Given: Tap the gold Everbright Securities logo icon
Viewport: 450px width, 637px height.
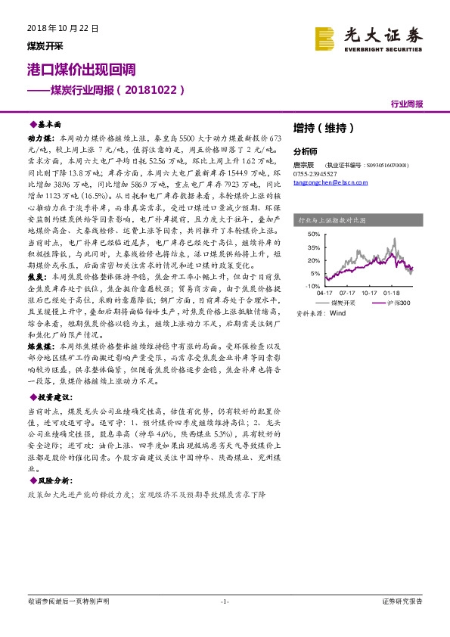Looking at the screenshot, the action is (325, 38).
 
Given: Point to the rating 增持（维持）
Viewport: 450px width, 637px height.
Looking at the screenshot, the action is (323, 128).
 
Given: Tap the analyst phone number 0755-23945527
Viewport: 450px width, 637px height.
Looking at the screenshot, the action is (315, 173).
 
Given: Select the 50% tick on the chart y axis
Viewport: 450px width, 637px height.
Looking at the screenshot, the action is (313, 235).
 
